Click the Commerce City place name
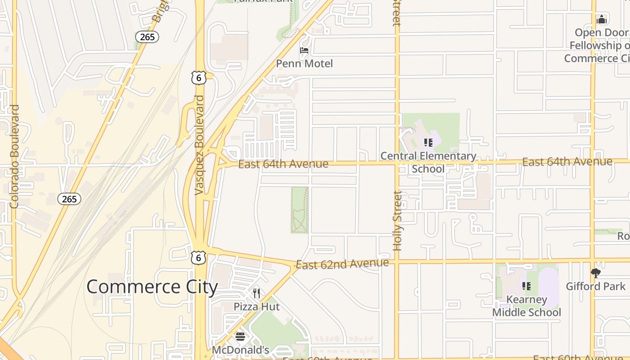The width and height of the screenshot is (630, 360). click(x=152, y=287)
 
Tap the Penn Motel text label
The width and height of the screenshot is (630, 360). click(x=304, y=63)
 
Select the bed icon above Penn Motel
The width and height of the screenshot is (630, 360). click(x=304, y=50)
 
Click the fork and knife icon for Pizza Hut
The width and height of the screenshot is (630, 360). click(x=256, y=293)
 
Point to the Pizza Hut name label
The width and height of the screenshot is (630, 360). click(x=256, y=307)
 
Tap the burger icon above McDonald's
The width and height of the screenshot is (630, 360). click(x=240, y=337)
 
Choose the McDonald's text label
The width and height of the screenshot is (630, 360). click(x=240, y=350)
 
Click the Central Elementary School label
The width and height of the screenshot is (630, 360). click(x=428, y=162)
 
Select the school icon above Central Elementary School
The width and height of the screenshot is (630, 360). click(x=428, y=143)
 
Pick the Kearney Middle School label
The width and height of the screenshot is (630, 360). click(x=526, y=306)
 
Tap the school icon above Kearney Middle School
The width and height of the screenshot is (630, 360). click(x=526, y=286)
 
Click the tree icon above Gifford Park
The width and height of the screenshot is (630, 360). click(x=595, y=273)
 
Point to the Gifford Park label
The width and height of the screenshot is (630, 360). click(x=595, y=286)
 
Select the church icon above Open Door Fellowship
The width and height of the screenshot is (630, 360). click(x=602, y=19)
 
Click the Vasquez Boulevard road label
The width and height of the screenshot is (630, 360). click(x=199, y=145)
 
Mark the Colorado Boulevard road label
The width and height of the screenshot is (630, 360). click(x=14, y=157)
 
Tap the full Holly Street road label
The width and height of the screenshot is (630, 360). click(x=397, y=220)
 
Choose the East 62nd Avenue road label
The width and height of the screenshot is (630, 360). click(x=342, y=264)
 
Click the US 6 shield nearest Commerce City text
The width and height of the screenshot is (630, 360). click(x=198, y=257)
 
